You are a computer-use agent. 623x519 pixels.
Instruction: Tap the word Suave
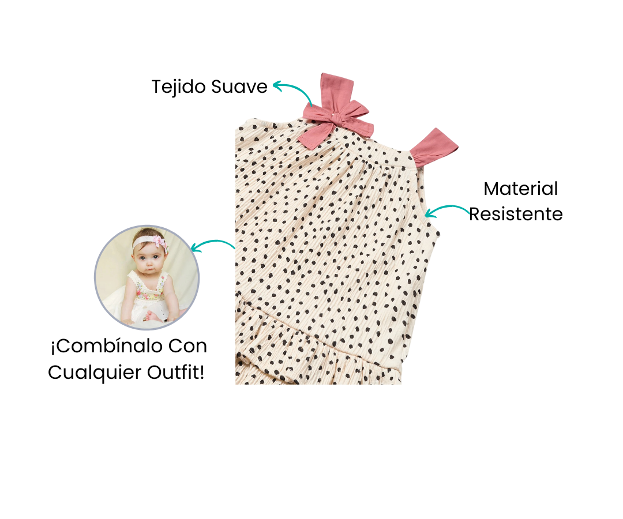coord(239,86)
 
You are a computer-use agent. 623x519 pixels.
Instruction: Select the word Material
coord(520,189)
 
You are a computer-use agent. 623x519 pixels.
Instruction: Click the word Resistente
coord(516,215)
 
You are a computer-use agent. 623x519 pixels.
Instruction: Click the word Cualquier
coord(95,373)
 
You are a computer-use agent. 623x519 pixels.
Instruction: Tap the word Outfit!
coord(175,373)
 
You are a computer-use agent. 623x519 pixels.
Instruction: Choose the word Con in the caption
coord(187,346)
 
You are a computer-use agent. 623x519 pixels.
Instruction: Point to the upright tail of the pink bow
coord(337,91)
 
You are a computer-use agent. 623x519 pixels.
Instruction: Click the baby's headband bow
coord(160,242)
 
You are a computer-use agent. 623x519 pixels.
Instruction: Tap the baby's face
coord(148,258)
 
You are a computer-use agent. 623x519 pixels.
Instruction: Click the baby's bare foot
coord(151,315)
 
